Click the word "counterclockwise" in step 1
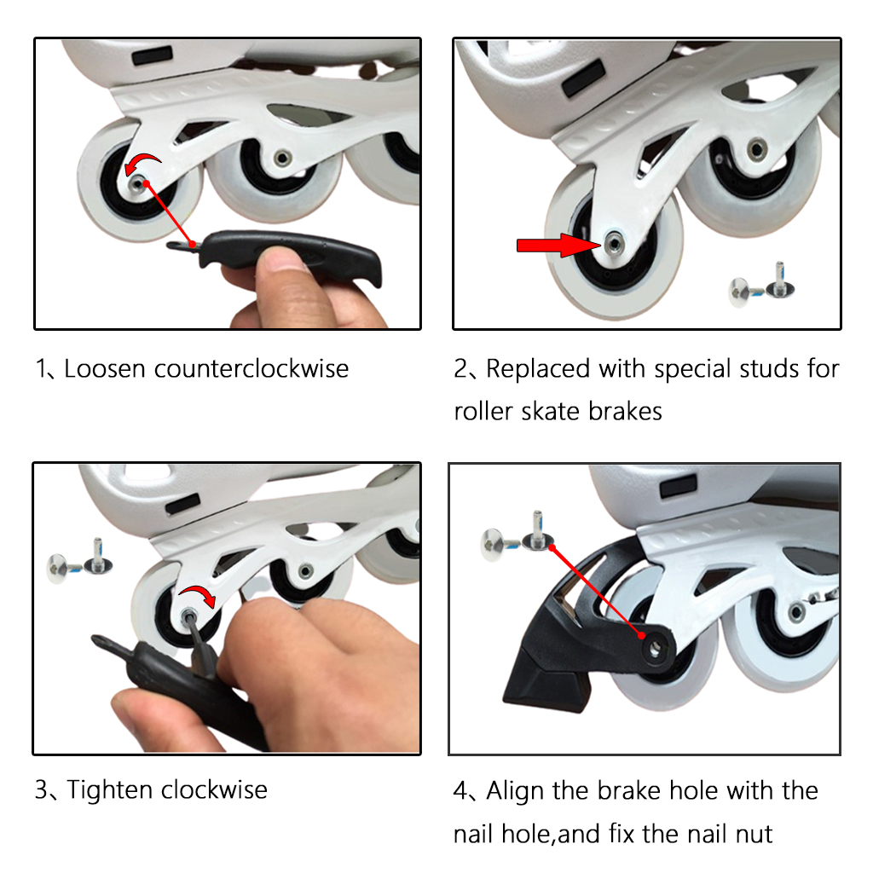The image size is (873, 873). pos(251,369)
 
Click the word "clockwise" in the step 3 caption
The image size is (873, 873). pos(214,789)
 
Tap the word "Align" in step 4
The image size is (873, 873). pos(516,790)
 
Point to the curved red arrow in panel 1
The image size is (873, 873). pos(143,162)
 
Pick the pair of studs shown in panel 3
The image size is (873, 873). pos(81,557)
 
